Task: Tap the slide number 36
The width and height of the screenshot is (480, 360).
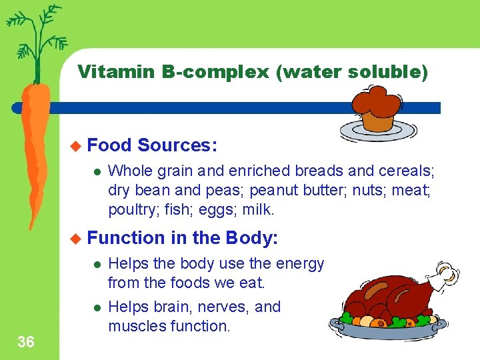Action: pos(26,343)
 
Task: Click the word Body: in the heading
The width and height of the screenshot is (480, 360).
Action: pos(252,238)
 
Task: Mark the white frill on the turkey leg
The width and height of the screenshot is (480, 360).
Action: pos(445,274)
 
